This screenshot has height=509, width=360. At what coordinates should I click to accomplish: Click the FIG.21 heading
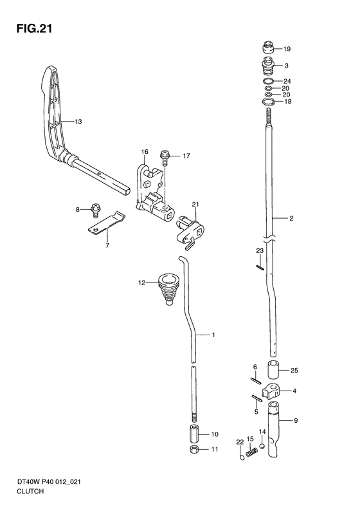34,28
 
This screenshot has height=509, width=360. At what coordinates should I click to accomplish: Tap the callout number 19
287,49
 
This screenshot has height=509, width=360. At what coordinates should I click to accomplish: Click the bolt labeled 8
96,210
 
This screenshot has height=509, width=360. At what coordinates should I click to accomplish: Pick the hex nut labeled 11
194,449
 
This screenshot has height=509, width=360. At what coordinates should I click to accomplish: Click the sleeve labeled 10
194,433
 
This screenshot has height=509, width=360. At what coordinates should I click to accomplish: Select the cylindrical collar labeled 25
273,369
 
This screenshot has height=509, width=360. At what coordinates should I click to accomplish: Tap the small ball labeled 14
262,445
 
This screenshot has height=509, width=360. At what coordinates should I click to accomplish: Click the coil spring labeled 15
251,452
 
